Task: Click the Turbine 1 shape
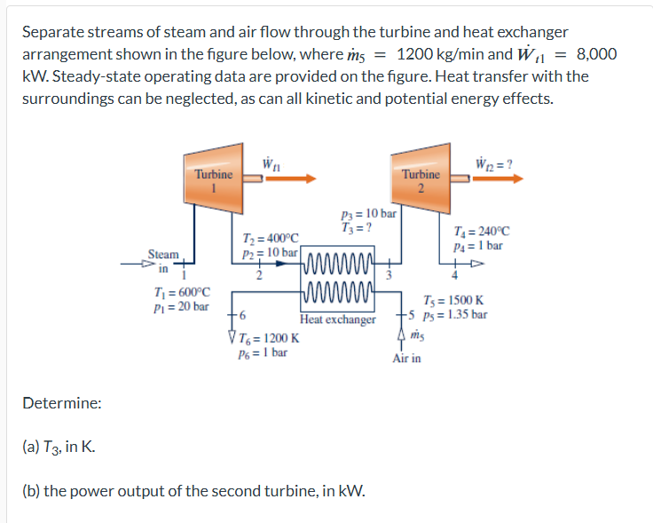coord(213,178)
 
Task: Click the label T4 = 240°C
coord(480,233)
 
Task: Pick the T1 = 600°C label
coord(182,292)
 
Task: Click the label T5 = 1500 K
coord(454,300)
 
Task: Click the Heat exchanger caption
coord(338,319)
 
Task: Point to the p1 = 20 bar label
coord(182,306)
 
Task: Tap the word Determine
coord(61,403)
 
